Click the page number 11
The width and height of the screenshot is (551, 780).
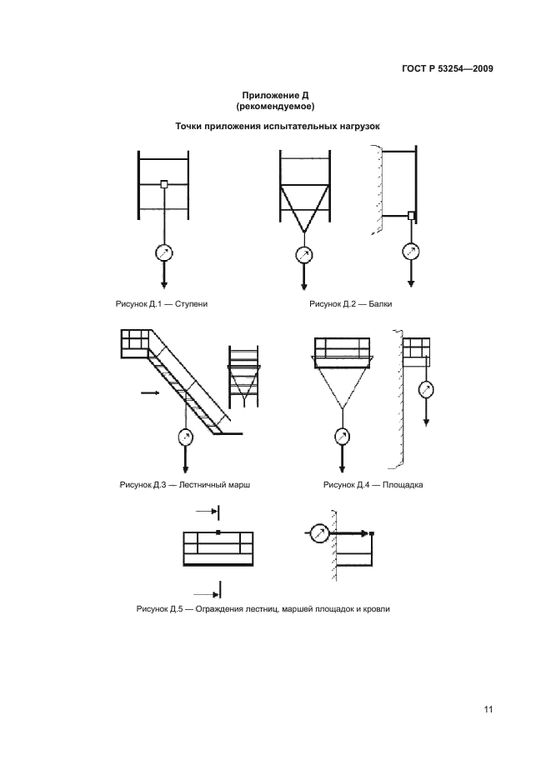(488, 709)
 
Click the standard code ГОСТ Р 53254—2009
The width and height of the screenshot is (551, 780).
(448, 68)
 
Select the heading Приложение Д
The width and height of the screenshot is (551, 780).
(275, 96)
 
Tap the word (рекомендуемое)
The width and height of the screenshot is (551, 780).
(275, 107)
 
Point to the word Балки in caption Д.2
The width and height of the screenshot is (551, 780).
(380, 304)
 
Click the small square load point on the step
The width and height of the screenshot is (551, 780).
(163, 184)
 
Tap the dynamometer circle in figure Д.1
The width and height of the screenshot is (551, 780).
(163, 253)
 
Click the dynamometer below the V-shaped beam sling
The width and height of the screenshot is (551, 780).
(303, 255)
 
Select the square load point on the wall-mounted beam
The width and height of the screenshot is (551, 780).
(411, 215)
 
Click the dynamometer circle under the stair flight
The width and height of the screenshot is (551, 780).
(185, 437)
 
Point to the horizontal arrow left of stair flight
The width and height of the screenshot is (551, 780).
(150, 393)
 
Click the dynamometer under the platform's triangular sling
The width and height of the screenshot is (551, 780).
(342, 437)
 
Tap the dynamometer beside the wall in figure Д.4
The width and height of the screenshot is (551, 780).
(426, 389)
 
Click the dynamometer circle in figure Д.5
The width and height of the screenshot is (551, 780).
(318, 534)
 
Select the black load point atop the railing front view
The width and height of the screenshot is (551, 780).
(218, 532)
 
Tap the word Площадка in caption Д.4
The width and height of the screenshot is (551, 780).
(402, 485)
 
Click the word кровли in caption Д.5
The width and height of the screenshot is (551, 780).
(378, 609)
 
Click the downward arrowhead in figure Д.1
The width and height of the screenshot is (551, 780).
(163, 285)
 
